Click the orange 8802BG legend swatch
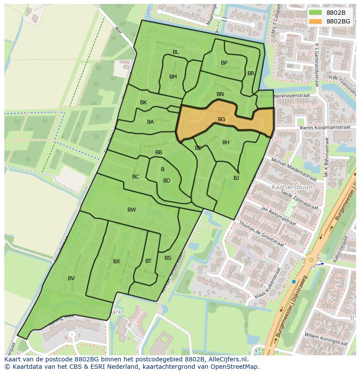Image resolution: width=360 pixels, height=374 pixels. (316, 21)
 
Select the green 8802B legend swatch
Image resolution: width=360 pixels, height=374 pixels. (316, 13)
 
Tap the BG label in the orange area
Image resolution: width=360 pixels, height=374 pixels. (221, 119)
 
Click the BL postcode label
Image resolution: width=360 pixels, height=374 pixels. (176, 52)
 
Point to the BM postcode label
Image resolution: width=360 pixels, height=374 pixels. (173, 77)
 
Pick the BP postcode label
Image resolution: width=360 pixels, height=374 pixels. (224, 63)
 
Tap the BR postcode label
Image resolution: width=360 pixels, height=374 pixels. (251, 73)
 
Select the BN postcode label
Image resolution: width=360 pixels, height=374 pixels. (220, 94)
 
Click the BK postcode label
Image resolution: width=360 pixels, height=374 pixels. (143, 103)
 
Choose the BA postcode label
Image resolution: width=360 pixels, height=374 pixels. (150, 122)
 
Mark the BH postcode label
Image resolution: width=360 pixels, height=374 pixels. (226, 142)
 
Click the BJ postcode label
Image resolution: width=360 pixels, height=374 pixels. (236, 178)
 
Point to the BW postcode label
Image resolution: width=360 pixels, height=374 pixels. (131, 210)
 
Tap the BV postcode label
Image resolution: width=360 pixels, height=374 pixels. (71, 278)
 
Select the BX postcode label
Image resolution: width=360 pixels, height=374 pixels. (117, 261)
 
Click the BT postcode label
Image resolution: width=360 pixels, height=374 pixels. (148, 261)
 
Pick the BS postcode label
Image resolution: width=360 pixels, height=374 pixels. (168, 258)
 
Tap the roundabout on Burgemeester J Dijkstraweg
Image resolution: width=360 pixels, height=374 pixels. (311, 260)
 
